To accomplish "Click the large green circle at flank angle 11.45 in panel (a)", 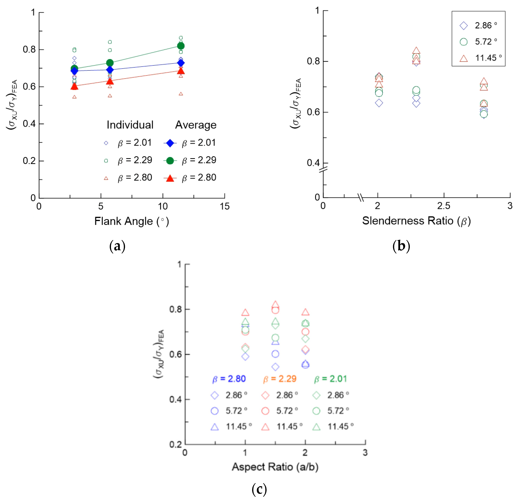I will point(181,46).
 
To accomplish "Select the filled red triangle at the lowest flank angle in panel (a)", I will point(74,86).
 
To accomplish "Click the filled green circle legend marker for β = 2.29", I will point(170,161).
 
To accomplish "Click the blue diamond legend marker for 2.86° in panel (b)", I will point(463,26).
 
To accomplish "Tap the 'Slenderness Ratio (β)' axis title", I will point(416,221).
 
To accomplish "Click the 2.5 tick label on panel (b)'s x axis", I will point(444,206).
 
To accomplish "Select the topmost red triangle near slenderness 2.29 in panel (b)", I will point(416,51).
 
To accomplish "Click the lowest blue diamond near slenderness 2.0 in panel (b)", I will point(379,103).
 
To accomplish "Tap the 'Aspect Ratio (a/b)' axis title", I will point(275,467).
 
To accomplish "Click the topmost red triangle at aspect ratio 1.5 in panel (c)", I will point(275,304).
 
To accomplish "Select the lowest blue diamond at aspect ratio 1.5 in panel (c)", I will point(275,367).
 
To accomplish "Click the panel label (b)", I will point(401,246).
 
